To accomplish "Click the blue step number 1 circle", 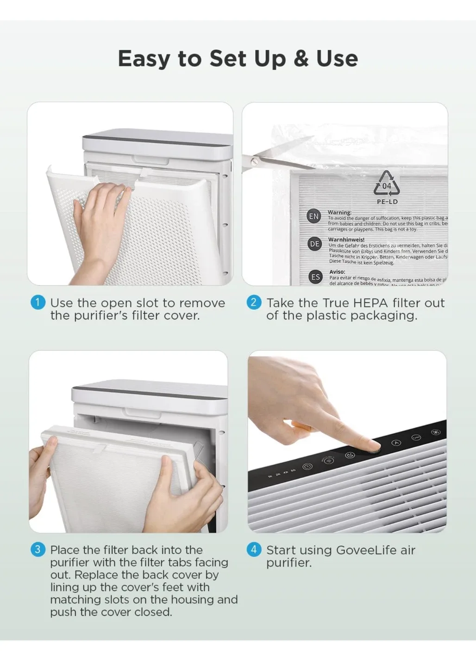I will click(38, 302).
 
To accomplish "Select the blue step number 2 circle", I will click(253, 302).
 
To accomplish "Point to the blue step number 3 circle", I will click(38, 549).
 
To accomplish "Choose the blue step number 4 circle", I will click(253, 549).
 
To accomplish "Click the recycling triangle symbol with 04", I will click(386, 184).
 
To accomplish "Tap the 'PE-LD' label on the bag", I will click(387, 202).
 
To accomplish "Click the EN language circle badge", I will click(314, 216).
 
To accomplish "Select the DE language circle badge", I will click(314, 244).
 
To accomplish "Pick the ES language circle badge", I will click(315, 277).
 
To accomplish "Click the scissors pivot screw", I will click(254, 162).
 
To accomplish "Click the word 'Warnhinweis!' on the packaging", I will click(346, 240).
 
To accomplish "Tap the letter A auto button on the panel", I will click(396, 443).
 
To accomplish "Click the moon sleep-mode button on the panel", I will click(350, 455).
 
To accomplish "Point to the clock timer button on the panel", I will click(307, 466).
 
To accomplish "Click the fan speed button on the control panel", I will click(436, 432).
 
